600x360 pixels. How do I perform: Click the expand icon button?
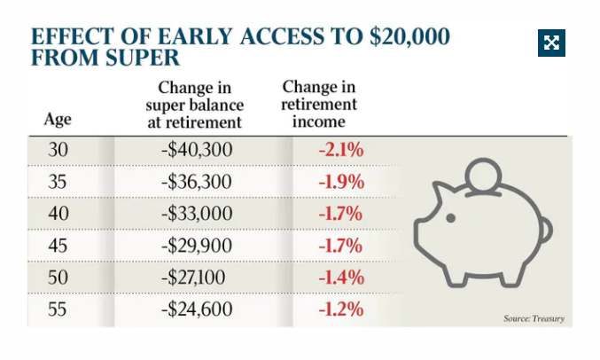[551, 43]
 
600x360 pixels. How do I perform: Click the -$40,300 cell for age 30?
[197, 149]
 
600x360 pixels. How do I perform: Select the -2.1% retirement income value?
[341, 149]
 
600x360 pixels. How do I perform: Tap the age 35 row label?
[58, 182]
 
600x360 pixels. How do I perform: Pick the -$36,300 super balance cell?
[197, 182]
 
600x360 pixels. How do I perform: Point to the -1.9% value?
[341, 182]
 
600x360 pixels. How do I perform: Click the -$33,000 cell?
[197, 214]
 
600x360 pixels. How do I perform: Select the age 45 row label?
[58, 246]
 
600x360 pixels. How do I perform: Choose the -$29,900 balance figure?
[197, 246]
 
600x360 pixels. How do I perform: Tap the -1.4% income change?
[341, 278]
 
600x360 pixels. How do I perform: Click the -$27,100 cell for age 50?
[193, 278]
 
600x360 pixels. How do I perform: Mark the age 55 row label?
[58, 309]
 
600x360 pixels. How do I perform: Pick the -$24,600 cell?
[197, 309]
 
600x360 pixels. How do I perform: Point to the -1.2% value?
[341, 309]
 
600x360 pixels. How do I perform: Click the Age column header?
[58, 120]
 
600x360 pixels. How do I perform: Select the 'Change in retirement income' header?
[319, 104]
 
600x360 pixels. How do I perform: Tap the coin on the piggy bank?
[483, 175]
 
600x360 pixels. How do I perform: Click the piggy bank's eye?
[451, 218]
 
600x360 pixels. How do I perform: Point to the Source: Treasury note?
[534, 318]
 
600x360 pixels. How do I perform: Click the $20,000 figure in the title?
[409, 36]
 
